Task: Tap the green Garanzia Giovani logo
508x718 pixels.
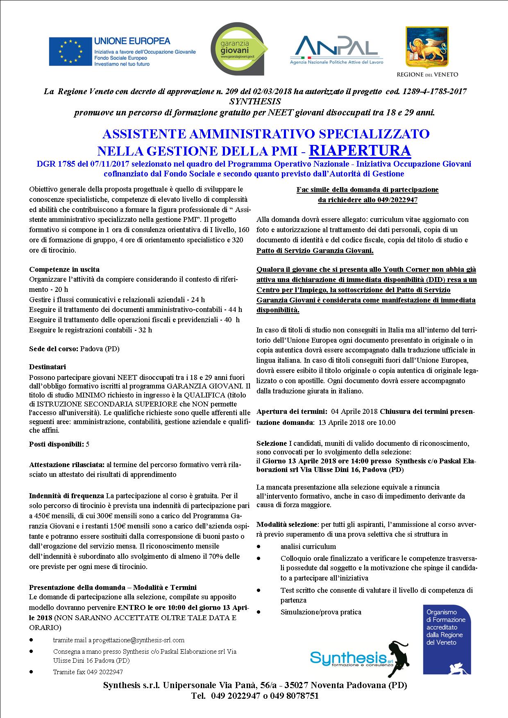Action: pos(238,49)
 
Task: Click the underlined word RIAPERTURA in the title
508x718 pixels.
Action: pos(360,150)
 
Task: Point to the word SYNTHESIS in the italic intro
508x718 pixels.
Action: pos(255,101)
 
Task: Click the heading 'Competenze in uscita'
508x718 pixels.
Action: pos(64,269)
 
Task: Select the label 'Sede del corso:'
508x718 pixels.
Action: pos(54,349)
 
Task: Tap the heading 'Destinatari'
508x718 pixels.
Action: pos(48,367)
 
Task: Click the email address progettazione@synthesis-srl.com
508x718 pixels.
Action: pos(139,640)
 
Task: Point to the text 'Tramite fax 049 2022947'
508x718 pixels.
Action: pos(88,672)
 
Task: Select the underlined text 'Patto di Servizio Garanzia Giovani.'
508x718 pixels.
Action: pos(315,251)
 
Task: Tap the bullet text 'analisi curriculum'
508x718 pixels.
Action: pos(308,546)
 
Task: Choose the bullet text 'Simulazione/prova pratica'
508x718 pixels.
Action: pos(321,612)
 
